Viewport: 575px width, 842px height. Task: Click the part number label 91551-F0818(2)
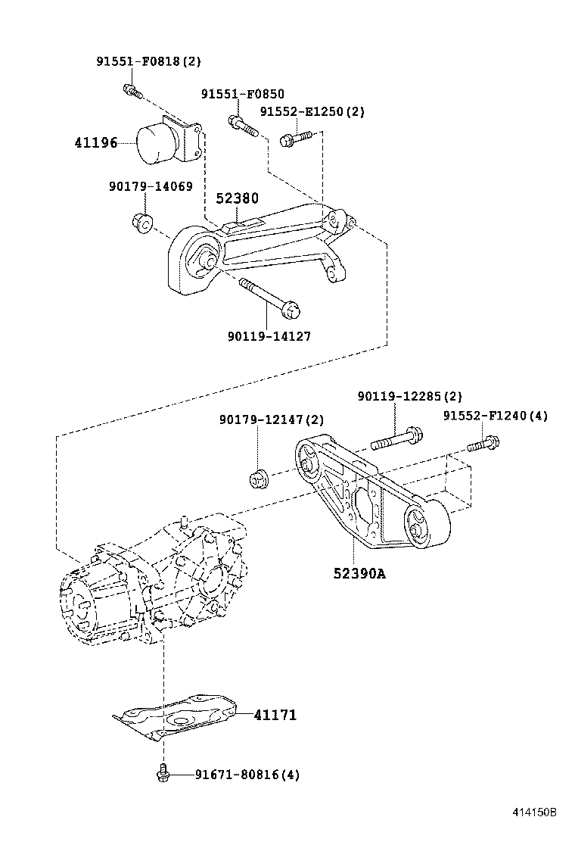tap(148, 61)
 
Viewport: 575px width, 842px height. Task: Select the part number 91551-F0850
tap(242, 94)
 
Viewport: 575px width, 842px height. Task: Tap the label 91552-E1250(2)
tap(312, 111)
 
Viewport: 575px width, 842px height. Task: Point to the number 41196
tap(96, 142)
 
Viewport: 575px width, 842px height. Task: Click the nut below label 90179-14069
tap(141, 223)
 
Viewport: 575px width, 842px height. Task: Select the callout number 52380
tap(237, 198)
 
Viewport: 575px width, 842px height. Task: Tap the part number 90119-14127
tap(268, 335)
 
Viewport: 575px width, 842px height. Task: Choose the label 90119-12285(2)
tap(409, 396)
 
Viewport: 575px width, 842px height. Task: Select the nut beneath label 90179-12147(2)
tap(259, 479)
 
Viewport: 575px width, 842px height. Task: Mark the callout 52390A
tap(359, 573)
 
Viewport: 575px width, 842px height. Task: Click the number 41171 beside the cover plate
tap(275, 714)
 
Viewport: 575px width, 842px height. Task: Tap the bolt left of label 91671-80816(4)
tap(162, 774)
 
